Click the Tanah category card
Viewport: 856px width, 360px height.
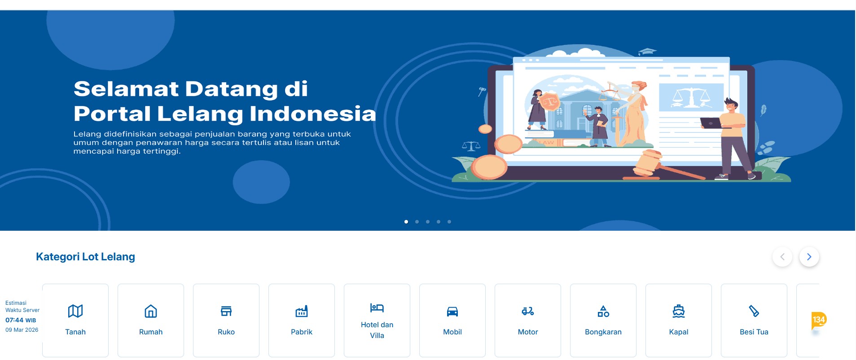[x=75, y=320]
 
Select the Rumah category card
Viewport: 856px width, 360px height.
[x=151, y=320]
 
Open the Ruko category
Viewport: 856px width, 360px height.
[x=226, y=320]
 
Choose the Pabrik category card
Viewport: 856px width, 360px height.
[x=302, y=320]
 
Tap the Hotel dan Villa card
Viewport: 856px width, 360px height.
[x=377, y=320]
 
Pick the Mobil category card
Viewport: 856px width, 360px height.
[x=452, y=320]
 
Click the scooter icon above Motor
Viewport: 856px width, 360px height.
[x=528, y=311]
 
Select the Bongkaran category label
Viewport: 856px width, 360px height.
[x=603, y=332]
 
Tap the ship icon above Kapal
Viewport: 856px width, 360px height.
[x=679, y=311]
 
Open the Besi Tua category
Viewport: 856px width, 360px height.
[x=754, y=320]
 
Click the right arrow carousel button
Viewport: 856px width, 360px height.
[x=809, y=257]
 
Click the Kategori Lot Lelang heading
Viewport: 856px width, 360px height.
[x=85, y=257]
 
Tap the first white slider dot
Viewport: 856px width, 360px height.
[x=406, y=222]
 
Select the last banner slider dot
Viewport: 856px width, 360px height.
[x=449, y=222]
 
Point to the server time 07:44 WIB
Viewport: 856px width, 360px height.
[x=21, y=320]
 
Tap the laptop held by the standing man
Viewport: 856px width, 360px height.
[x=711, y=123]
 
